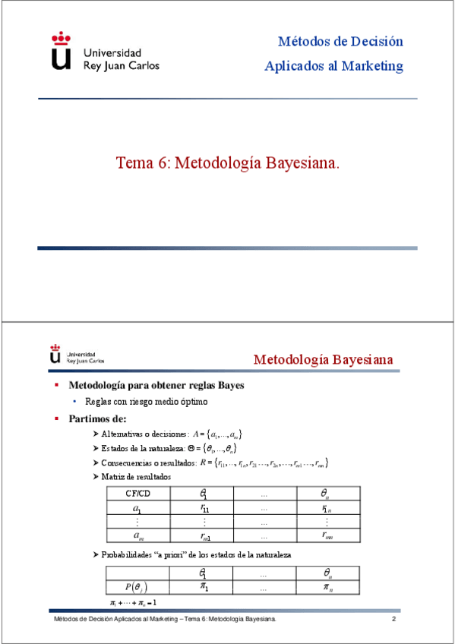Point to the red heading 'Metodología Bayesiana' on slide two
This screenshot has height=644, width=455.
(x=323, y=359)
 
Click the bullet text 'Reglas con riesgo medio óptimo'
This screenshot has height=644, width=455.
(x=147, y=401)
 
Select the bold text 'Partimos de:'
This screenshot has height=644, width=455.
(x=97, y=418)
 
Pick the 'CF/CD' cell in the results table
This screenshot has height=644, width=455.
(x=138, y=494)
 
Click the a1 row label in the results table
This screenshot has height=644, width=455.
(x=137, y=508)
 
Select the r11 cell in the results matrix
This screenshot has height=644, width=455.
(x=204, y=508)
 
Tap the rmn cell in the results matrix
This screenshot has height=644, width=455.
(x=327, y=535)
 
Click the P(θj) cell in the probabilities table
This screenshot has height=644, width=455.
(x=137, y=587)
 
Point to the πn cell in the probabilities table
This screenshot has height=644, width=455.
(x=327, y=587)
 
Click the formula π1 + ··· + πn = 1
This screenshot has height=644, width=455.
(x=133, y=603)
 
